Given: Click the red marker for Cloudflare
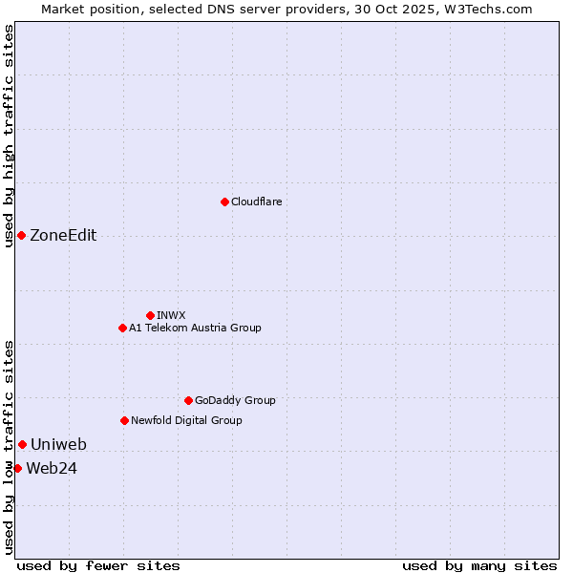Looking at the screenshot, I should pyautogui.click(x=224, y=202).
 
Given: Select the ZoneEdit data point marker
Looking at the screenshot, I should pyautogui.click(x=21, y=235).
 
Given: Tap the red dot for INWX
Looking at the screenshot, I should pyautogui.click(x=150, y=315).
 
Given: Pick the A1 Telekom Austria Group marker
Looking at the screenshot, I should pyautogui.click(x=122, y=328).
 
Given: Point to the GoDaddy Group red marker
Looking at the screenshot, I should pyautogui.click(x=188, y=400).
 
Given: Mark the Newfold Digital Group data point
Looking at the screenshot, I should pyautogui.click(x=124, y=420).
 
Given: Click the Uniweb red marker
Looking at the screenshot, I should pyautogui.click(x=22, y=444).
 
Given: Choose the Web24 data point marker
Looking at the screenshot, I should pyautogui.click(x=17, y=468).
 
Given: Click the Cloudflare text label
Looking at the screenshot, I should pyautogui.click(x=256, y=202).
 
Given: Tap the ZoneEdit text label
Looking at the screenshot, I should pyautogui.click(x=63, y=236).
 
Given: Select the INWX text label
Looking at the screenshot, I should pyautogui.click(x=171, y=315).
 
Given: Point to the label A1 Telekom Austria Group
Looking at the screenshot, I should pyautogui.click(x=195, y=328).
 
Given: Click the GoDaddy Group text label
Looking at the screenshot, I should pyautogui.click(x=235, y=400).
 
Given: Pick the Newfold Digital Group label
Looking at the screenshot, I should pyautogui.click(x=186, y=420).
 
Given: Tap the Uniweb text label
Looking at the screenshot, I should pyautogui.click(x=58, y=444).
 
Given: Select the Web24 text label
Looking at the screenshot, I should pyautogui.click(x=52, y=468).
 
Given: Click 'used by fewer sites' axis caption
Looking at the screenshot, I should pyautogui.click(x=98, y=565).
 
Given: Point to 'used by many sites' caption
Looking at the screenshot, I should pyautogui.click(x=479, y=565).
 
